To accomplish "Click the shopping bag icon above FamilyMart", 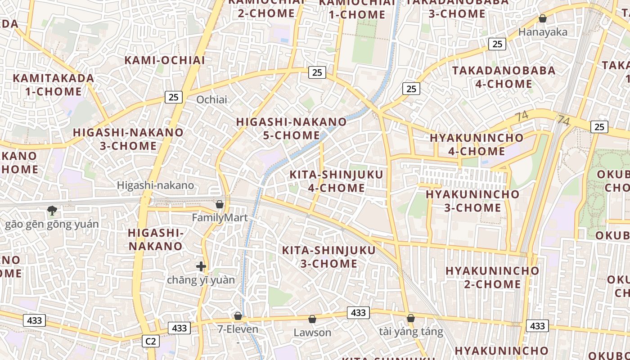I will click(x=220, y=204).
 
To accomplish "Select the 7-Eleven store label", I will click(x=238, y=329).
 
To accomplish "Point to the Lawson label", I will click(x=312, y=333).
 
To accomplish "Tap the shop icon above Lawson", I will click(x=312, y=319).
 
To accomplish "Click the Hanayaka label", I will click(x=543, y=32).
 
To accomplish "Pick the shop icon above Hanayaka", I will click(x=543, y=18).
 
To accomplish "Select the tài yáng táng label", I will click(x=411, y=332).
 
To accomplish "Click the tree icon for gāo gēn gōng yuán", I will click(x=52, y=210).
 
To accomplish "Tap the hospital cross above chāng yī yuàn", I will click(x=201, y=266).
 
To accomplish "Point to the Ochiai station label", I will click(x=212, y=99).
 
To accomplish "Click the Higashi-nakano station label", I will click(x=155, y=185).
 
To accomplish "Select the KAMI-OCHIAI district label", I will click(x=165, y=60).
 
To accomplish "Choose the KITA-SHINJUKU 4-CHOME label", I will click(x=336, y=181).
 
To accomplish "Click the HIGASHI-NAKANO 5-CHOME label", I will click(x=292, y=128).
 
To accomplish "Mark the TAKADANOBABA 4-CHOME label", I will click(x=504, y=77).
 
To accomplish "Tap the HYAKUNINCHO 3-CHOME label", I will click(x=472, y=201).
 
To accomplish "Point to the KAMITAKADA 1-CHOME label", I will click(x=54, y=85).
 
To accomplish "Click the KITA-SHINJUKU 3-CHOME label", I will click(x=328, y=256).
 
